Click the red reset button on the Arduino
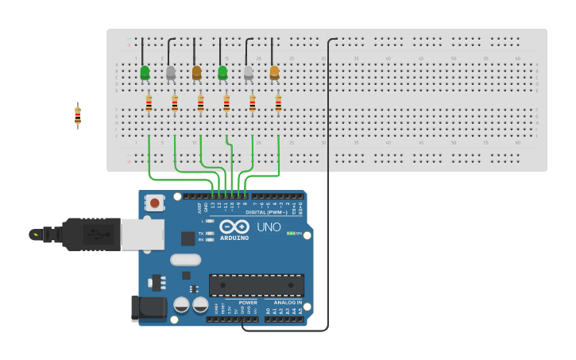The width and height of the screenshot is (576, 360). (154, 203)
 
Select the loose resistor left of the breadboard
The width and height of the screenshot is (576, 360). (77, 115)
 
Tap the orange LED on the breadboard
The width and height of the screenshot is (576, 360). (275, 73)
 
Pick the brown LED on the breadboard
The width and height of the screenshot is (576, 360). (197, 73)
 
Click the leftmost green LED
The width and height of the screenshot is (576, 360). (145, 73)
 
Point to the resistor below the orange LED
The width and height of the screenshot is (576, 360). (278, 103)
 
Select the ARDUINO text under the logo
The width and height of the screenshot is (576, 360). (234, 238)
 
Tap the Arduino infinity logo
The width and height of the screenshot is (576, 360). (234, 226)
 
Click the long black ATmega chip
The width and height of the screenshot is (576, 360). (256, 285)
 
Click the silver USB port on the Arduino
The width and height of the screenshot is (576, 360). (143, 234)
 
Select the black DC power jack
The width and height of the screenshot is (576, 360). (148, 309)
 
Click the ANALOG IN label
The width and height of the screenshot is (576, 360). (288, 302)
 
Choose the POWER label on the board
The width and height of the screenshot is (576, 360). (248, 302)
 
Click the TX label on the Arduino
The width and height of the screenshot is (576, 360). (201, 233)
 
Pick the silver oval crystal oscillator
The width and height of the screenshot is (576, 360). (185, 259)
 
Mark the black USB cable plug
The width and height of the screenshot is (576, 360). (91, 234)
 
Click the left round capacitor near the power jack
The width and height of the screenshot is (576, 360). (181, 305)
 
